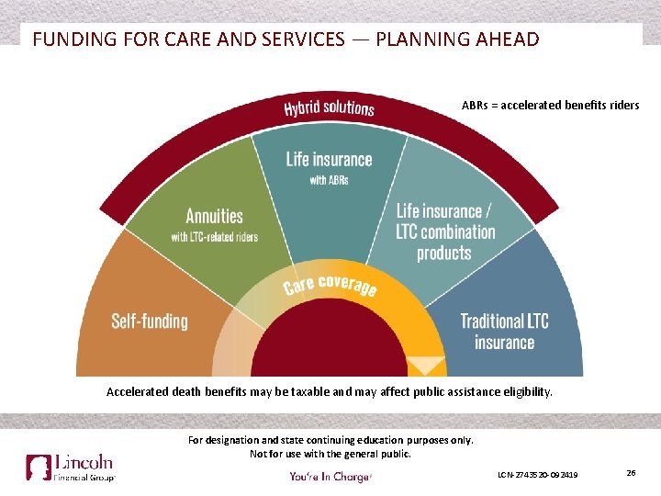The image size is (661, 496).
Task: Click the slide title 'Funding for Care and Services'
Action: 285,39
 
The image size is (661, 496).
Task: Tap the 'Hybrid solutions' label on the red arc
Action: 329,107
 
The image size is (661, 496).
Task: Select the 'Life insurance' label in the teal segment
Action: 329,159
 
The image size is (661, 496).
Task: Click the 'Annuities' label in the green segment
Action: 214,217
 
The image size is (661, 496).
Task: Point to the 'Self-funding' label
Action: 149,321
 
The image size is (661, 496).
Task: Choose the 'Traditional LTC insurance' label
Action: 504,331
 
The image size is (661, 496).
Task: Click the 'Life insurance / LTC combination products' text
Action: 445,231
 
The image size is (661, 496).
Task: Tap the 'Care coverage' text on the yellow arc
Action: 330,284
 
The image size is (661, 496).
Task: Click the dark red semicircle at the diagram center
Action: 330,349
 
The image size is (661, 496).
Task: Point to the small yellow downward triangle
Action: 425,365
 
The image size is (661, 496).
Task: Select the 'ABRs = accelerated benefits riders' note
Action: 550,105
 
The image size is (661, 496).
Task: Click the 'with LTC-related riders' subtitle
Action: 214,237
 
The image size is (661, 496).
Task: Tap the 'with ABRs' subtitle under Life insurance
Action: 329,180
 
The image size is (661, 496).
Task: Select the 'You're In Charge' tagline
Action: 330,476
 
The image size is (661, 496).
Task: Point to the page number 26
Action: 631,472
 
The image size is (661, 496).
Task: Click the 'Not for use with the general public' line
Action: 330,454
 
